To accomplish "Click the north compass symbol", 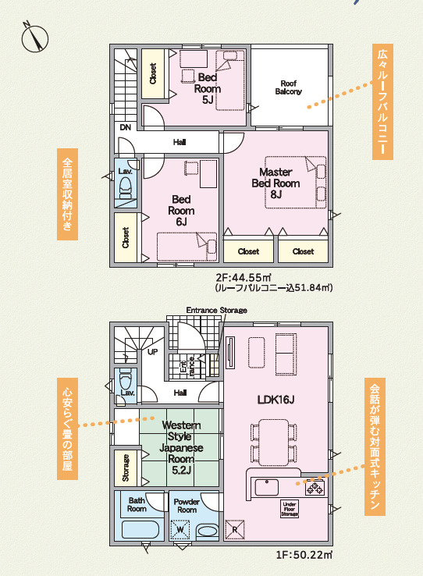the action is pos(35,37).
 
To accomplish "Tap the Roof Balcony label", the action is pos(289,87).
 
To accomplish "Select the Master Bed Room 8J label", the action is pos(275,183).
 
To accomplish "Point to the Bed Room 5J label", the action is pos(208,88).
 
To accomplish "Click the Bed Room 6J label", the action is pos(181,211).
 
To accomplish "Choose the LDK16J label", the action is pos(275,400).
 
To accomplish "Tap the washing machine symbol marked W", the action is pos(180,530).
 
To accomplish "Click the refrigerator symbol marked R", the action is pos(235,529).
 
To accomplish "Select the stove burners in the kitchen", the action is pos(315,489).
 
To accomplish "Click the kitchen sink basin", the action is pos(267,488).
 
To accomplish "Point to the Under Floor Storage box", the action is pos(290,509).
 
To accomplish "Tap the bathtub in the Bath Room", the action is pos(140,530).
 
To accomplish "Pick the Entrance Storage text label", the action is pos(217,311).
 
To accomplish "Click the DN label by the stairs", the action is pos(126,128).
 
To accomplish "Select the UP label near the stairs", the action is pos(153,352).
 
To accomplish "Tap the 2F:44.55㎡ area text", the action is pos(243,277).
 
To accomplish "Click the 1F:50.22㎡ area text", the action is pos(304,555).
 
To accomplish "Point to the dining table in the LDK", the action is pos(274,443).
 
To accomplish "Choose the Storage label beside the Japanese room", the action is pos(126,468).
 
